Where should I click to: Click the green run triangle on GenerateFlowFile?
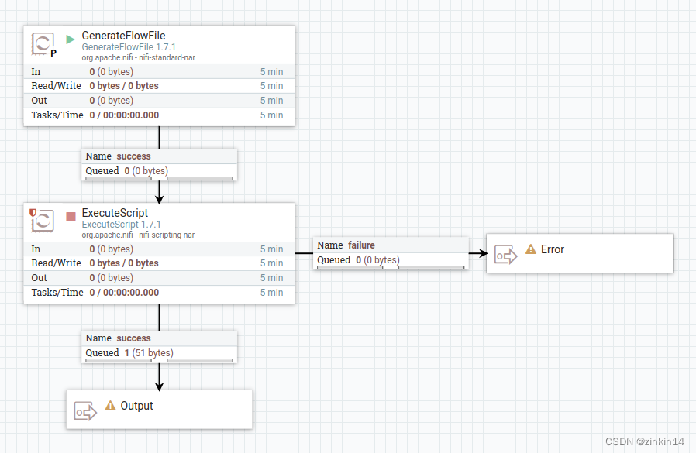[x=71, y=39]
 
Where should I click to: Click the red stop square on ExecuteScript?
[x=71, y=217]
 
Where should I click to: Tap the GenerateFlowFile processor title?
[x=123, y=36]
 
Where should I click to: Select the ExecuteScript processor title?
[x=115, y=213]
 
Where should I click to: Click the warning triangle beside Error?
[x=531, y=249]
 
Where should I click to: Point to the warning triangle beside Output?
[x=110, y=406]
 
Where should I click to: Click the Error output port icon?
[x=505, y=254]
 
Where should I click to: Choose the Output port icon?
[x=85, y=410]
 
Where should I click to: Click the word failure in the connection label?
[x=362, y=245]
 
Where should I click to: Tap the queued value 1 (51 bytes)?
[x=148, y=353]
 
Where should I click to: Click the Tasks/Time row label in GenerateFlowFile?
[x=57, y=115]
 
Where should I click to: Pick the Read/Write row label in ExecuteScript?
[x=56, y=263]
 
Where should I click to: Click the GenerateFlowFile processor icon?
[x=43, y=43]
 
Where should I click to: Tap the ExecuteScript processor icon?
[x=43, y=221]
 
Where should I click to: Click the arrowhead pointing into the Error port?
[x=483, y=253]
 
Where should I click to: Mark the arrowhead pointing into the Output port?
[x=160, y=386]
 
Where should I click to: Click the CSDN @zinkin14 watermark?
[x=644, y=441]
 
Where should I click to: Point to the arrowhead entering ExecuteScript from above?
[x=160, y=198]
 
